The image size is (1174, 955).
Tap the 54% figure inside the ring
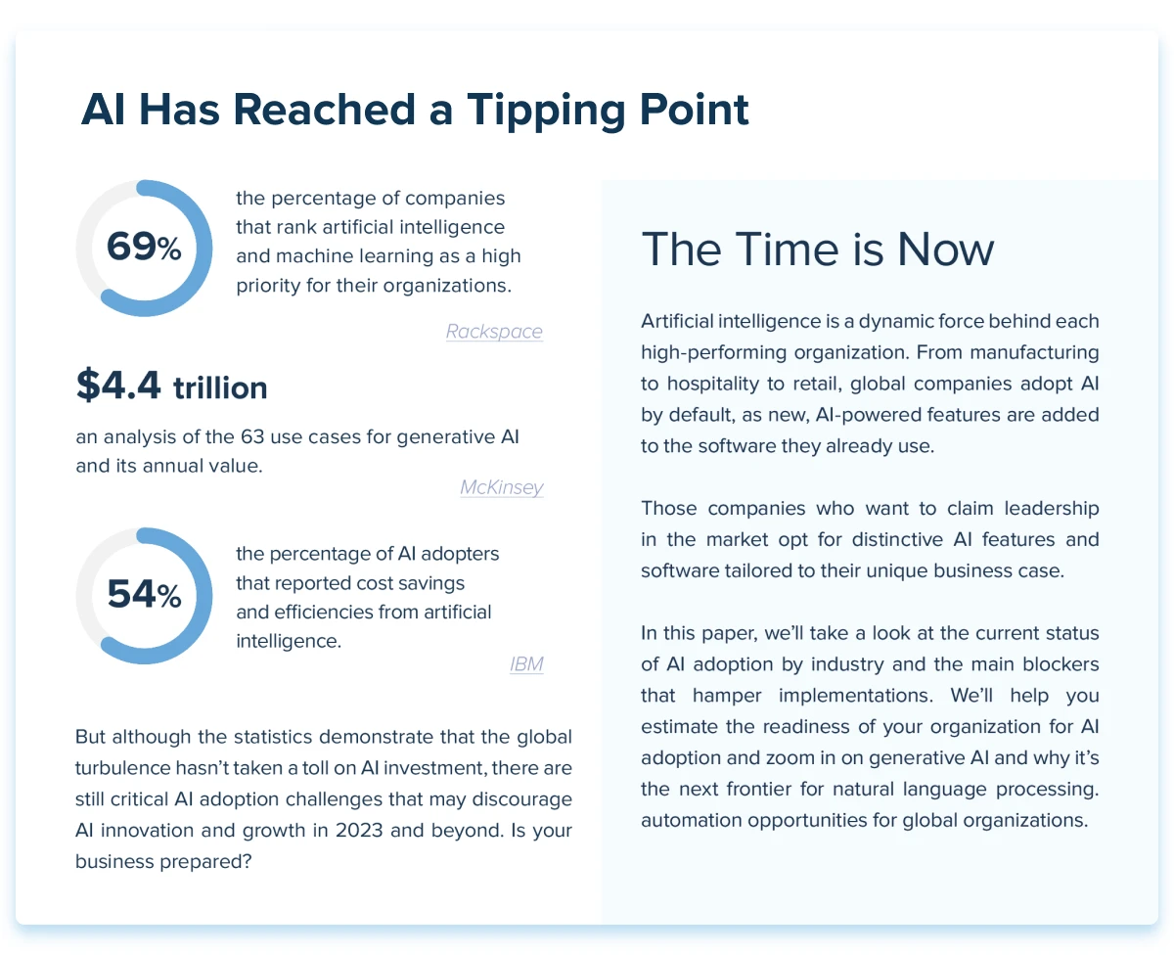(x=144, y=594)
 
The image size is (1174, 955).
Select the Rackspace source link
(x=494, y=331)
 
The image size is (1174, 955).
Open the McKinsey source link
(x=502, y=487)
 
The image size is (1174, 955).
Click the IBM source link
(x=526, y=664)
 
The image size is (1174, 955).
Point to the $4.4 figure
(x=118, y=385)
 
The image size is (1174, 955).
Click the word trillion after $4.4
(x=220, y=387)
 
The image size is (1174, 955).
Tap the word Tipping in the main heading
(x=546, y=111)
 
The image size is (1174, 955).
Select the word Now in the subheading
(x=946, y=250)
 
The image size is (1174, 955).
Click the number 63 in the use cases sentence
(x=252, y=436)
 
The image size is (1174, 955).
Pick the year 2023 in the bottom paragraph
(x=359, y=830)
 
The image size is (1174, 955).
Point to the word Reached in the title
(x=324, y=110)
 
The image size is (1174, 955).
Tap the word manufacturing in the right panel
(x=1034, y=352)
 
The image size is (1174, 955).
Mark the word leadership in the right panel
(x=1051, y=509)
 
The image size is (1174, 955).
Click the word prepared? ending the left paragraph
(x=205, y=862)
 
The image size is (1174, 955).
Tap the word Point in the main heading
(x=695, y=110)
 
